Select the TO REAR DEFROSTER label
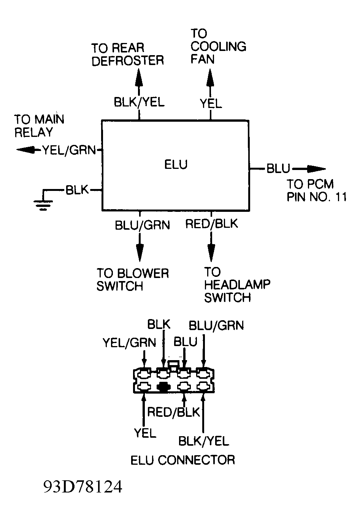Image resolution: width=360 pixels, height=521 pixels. click(127, 54)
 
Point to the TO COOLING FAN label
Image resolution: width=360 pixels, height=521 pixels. click(218, 46)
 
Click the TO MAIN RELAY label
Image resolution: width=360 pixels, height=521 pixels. click(39, 126)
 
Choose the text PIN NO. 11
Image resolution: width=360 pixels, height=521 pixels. click(317, 197)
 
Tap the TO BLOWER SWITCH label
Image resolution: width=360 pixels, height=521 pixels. click(132, 280)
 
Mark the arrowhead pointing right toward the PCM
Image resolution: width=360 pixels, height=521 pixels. click(316, 169)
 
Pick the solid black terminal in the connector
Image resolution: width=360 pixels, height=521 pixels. click(163, 387)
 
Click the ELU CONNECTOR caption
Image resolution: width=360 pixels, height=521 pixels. click(182, 460)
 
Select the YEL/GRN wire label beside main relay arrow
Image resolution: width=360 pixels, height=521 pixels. click(69, 150)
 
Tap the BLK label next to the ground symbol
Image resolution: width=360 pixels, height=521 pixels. click(77, 190)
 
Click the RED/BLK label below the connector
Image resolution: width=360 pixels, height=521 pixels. click(173, 412)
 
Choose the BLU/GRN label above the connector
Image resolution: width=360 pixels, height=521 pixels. click(216, 326)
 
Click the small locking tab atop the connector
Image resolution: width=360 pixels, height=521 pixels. click(173, 365)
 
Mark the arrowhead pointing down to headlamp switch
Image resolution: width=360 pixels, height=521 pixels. click(210, 251)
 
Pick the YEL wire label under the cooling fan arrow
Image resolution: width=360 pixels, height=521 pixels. click(211, 103)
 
